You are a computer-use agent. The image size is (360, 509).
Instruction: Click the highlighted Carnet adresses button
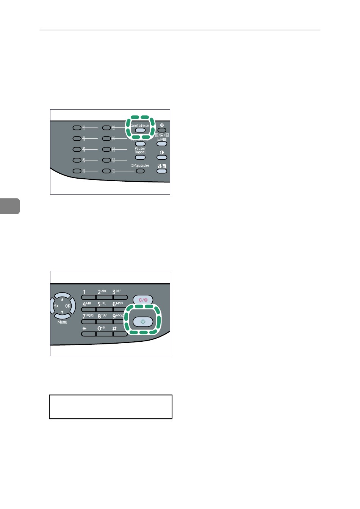tap(140, 130)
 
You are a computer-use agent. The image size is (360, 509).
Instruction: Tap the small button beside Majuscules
tap(141, 171)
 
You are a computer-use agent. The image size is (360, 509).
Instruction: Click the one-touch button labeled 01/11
tap(77, 128)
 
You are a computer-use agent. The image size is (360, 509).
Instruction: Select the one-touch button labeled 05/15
tap(77, 171)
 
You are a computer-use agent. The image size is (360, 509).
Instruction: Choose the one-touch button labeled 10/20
tap(106, 171)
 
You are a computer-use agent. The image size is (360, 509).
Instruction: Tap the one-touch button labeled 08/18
tap(106, 149)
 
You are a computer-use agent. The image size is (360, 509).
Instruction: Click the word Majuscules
tap(141, 166)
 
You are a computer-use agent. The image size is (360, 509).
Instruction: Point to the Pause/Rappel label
tap(140, 150)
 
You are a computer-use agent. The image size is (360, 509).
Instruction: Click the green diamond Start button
tap(143, 322)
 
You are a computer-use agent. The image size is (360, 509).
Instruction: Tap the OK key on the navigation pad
tap(68, 306)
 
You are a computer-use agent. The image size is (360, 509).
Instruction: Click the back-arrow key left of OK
tap(56, 306)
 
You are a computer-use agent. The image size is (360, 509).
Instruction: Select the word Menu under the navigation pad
tap(62, 322)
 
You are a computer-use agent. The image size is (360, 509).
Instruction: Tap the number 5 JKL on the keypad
tap(99, 304)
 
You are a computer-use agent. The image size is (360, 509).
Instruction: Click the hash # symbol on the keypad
tap(114, 328)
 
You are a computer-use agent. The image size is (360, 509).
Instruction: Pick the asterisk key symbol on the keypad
tap(85, 328)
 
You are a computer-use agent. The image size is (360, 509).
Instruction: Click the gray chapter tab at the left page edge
tap(9, 206)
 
